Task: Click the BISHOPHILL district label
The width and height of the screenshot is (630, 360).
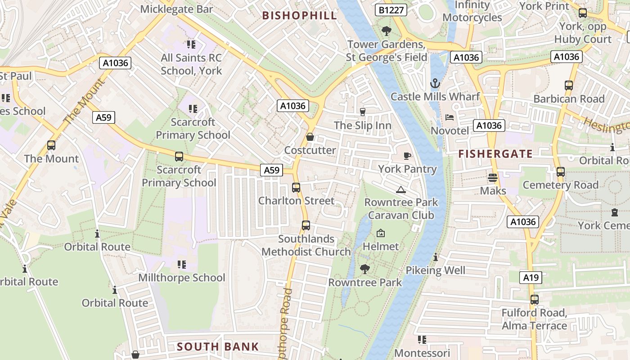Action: coord(299,16)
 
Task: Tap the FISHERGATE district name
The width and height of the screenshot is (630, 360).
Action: coord(495,154)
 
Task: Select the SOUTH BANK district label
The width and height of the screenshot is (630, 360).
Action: coord(218,346)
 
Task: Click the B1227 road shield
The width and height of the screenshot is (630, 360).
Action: coord(391,10)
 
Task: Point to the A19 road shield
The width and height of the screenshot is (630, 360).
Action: coord(531,278)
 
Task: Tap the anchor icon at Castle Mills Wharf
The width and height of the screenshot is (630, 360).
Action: coord(435,83)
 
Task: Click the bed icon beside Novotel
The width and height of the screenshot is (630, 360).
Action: coord(450,117)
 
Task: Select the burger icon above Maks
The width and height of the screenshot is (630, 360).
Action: coord(493,178)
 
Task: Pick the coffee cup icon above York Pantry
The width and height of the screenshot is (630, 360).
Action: coord(407,156)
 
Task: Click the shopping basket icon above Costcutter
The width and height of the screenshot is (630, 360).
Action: coord(310,137)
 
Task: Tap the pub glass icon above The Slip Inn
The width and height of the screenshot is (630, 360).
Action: coord(363,112)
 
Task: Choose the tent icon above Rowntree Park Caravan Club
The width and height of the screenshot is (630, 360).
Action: coord(401,189)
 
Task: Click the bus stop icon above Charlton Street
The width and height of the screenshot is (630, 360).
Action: coord(296,188)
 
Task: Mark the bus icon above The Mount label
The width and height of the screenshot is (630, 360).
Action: coord(51,145)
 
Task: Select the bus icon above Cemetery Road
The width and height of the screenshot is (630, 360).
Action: coord(561,171)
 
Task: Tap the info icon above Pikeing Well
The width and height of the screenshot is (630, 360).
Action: coord(436,257)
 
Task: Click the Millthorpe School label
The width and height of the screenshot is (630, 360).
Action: coord(182,277)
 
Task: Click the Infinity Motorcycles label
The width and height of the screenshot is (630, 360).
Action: coord(472,11)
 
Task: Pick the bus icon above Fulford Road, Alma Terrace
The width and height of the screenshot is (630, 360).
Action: coord(535,299)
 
